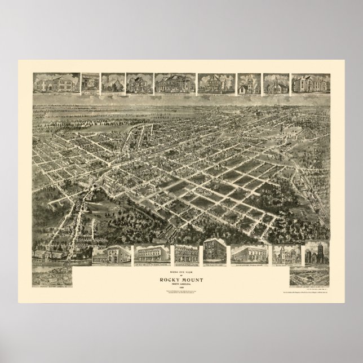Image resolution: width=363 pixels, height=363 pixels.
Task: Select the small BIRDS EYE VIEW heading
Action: [x=181, y=268]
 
